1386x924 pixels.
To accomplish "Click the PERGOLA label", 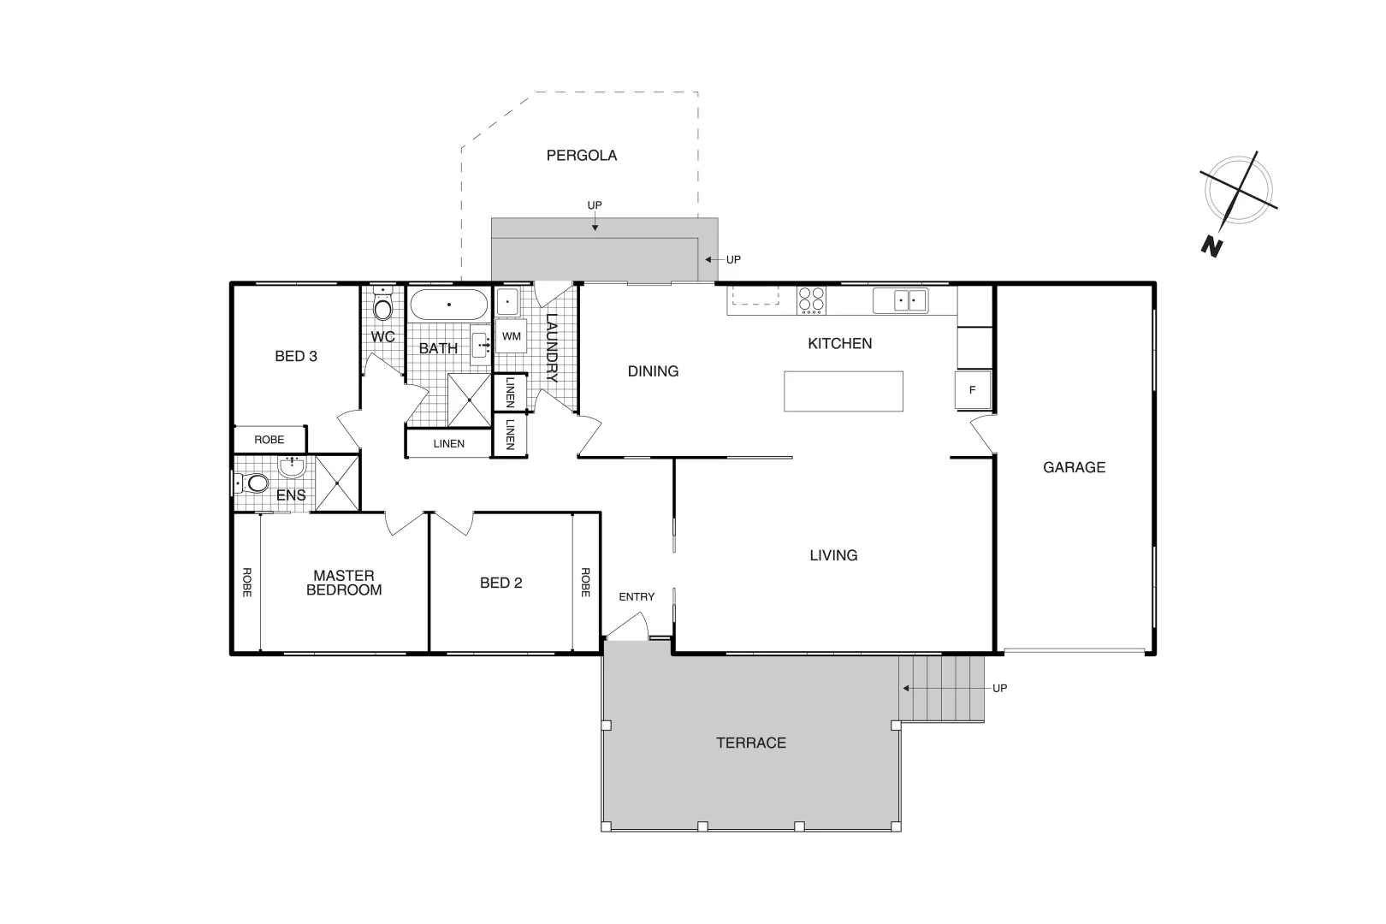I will pos(582,156).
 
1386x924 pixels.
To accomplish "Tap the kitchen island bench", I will pos(843,391).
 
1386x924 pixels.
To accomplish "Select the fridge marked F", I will pos(973,390).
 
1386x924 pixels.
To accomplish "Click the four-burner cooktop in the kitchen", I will pos(812,299).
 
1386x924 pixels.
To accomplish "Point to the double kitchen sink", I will pos(900,300).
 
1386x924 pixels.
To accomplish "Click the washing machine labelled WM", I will pos(511,337).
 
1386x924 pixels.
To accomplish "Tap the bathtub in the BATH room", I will pos(448,305).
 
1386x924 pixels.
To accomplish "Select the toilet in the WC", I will pos(383,306).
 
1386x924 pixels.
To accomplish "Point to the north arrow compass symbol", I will pos(1237,192).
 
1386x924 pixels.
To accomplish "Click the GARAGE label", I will pos(1074,467).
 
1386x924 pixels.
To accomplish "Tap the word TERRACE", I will pos(751,743).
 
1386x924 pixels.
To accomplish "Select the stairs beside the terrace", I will pos(941,688).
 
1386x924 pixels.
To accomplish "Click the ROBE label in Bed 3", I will pos(269,440).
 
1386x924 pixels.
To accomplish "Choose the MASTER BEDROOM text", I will pos(344,583).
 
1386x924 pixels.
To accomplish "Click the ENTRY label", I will pos(637,596).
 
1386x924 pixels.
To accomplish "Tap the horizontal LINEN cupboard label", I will pos(448,443).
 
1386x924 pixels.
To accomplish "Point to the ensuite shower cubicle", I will pos(338,483).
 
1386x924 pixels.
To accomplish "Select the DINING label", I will pos(653,371).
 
